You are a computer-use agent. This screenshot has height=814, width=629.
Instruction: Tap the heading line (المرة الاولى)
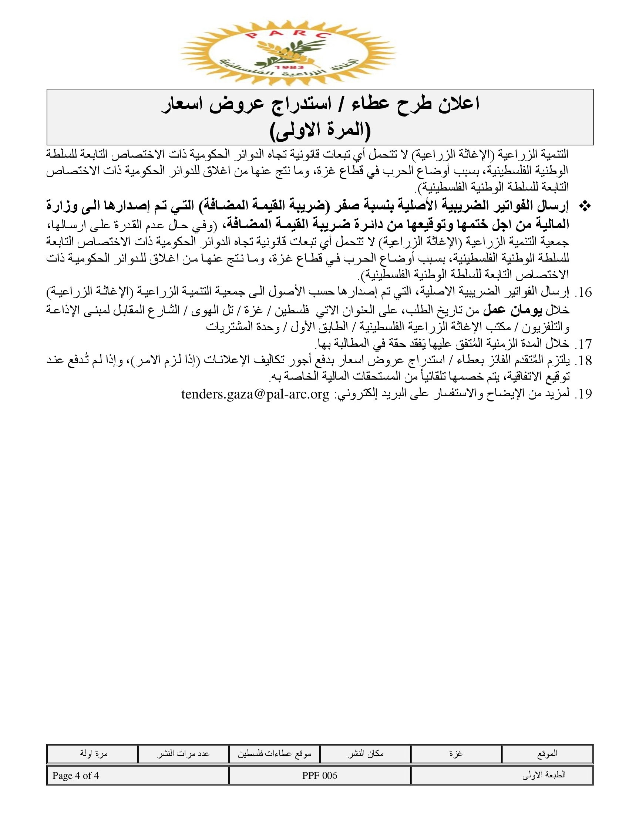(320, 131)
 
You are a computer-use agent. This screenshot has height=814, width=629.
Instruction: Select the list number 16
(583, 293)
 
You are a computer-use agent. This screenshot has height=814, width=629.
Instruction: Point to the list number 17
(583, 344)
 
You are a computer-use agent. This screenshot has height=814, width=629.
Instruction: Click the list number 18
(583, 361)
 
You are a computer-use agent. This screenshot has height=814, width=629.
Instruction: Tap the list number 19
(583, 394)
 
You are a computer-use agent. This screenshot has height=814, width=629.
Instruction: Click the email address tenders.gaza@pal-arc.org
(255, 394)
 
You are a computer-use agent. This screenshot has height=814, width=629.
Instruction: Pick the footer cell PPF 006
(320, 776)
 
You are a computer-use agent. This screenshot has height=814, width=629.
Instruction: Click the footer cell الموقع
(547, 754)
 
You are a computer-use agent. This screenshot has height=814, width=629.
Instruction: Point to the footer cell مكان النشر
(366, 754)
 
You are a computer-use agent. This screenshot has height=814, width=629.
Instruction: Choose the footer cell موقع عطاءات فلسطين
(274, 754)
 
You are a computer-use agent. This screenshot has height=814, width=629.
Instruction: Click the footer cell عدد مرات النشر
(183, 754)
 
